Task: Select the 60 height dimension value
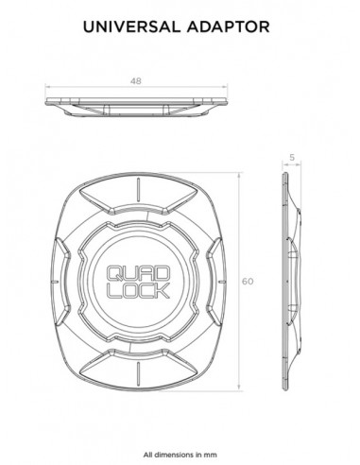248,282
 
